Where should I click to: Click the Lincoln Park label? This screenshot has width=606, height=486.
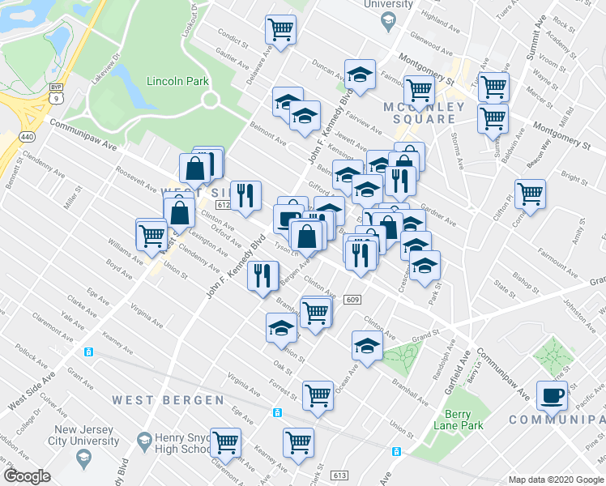click(x=177, y=81)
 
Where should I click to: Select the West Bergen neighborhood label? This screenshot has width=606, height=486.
click(x=168, y=399)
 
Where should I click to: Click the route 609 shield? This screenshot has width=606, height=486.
click(x=351, y=299)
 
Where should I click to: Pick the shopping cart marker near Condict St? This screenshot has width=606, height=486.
click(x=280, y=30)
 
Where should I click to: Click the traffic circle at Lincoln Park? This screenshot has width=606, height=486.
click(x=211, y=100)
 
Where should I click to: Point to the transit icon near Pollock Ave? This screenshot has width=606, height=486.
click(x=89, y=352)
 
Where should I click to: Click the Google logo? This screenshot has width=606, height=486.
click(x=27, y=476)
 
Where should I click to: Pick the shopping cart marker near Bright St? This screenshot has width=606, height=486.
click(x=530, y=194)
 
